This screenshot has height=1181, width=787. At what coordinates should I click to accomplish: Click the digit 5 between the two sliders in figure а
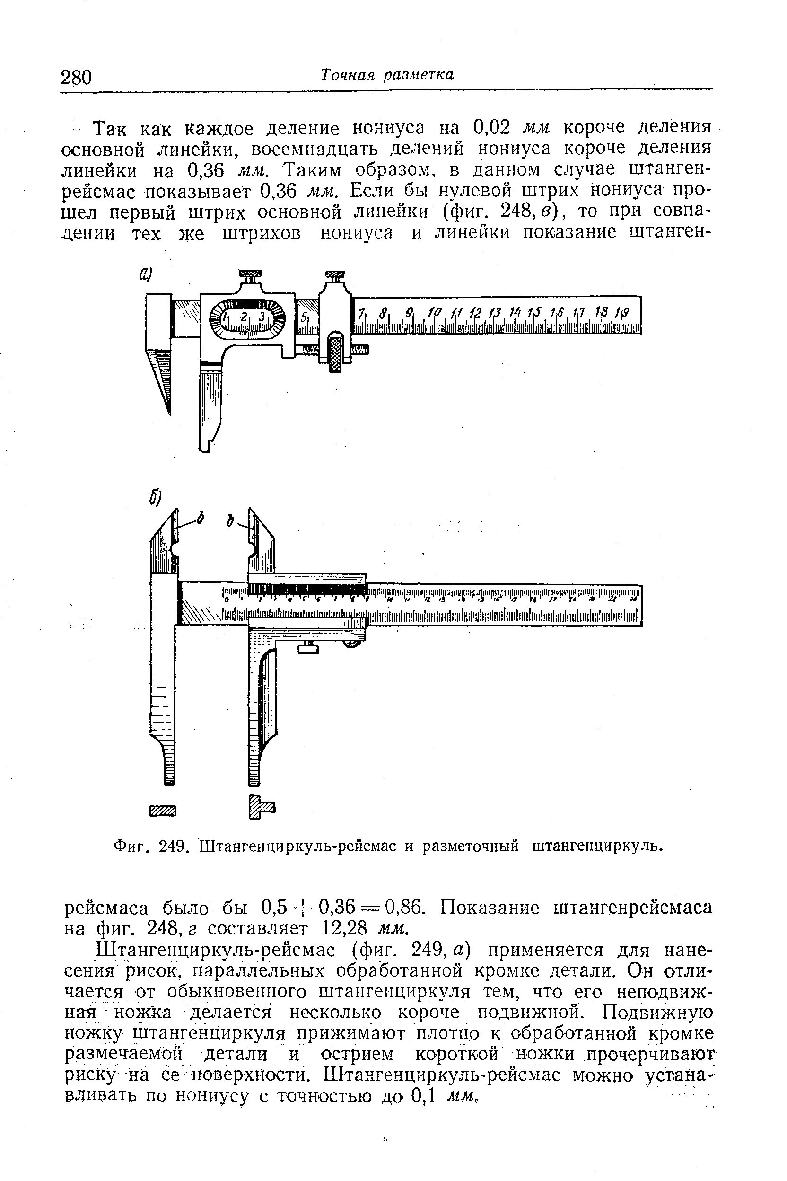(304, 317)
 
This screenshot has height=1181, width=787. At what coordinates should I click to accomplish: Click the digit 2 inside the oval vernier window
(244, 317)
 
